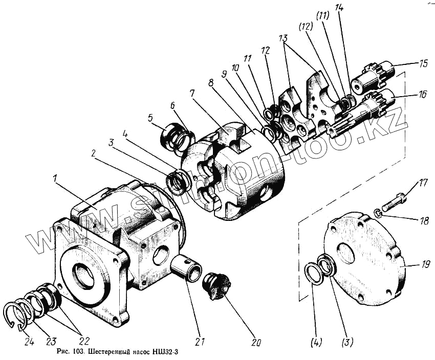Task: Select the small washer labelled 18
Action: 377,214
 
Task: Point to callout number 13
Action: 284,38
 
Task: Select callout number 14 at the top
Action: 340,9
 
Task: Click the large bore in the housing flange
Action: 84,274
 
